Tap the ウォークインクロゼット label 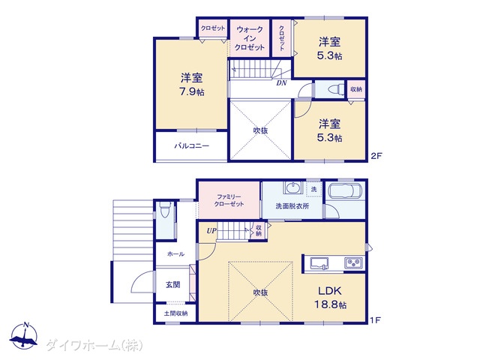point(250,38)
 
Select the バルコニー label point(192,145)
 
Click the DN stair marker point(282,83)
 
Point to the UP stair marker point(211,231)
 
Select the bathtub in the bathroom point(345,192)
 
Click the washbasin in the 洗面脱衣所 point(293,187)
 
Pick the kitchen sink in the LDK point(319,263)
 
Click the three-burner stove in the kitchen point(353,263)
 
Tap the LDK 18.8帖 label point(330,297)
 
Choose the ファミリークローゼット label point(229,200)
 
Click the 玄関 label point(173,285)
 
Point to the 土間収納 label point(175,313)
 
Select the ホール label point(175,254)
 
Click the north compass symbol point(24,335)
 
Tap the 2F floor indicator point(376,156)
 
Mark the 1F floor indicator point(375,320)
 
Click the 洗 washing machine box point(313,189)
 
